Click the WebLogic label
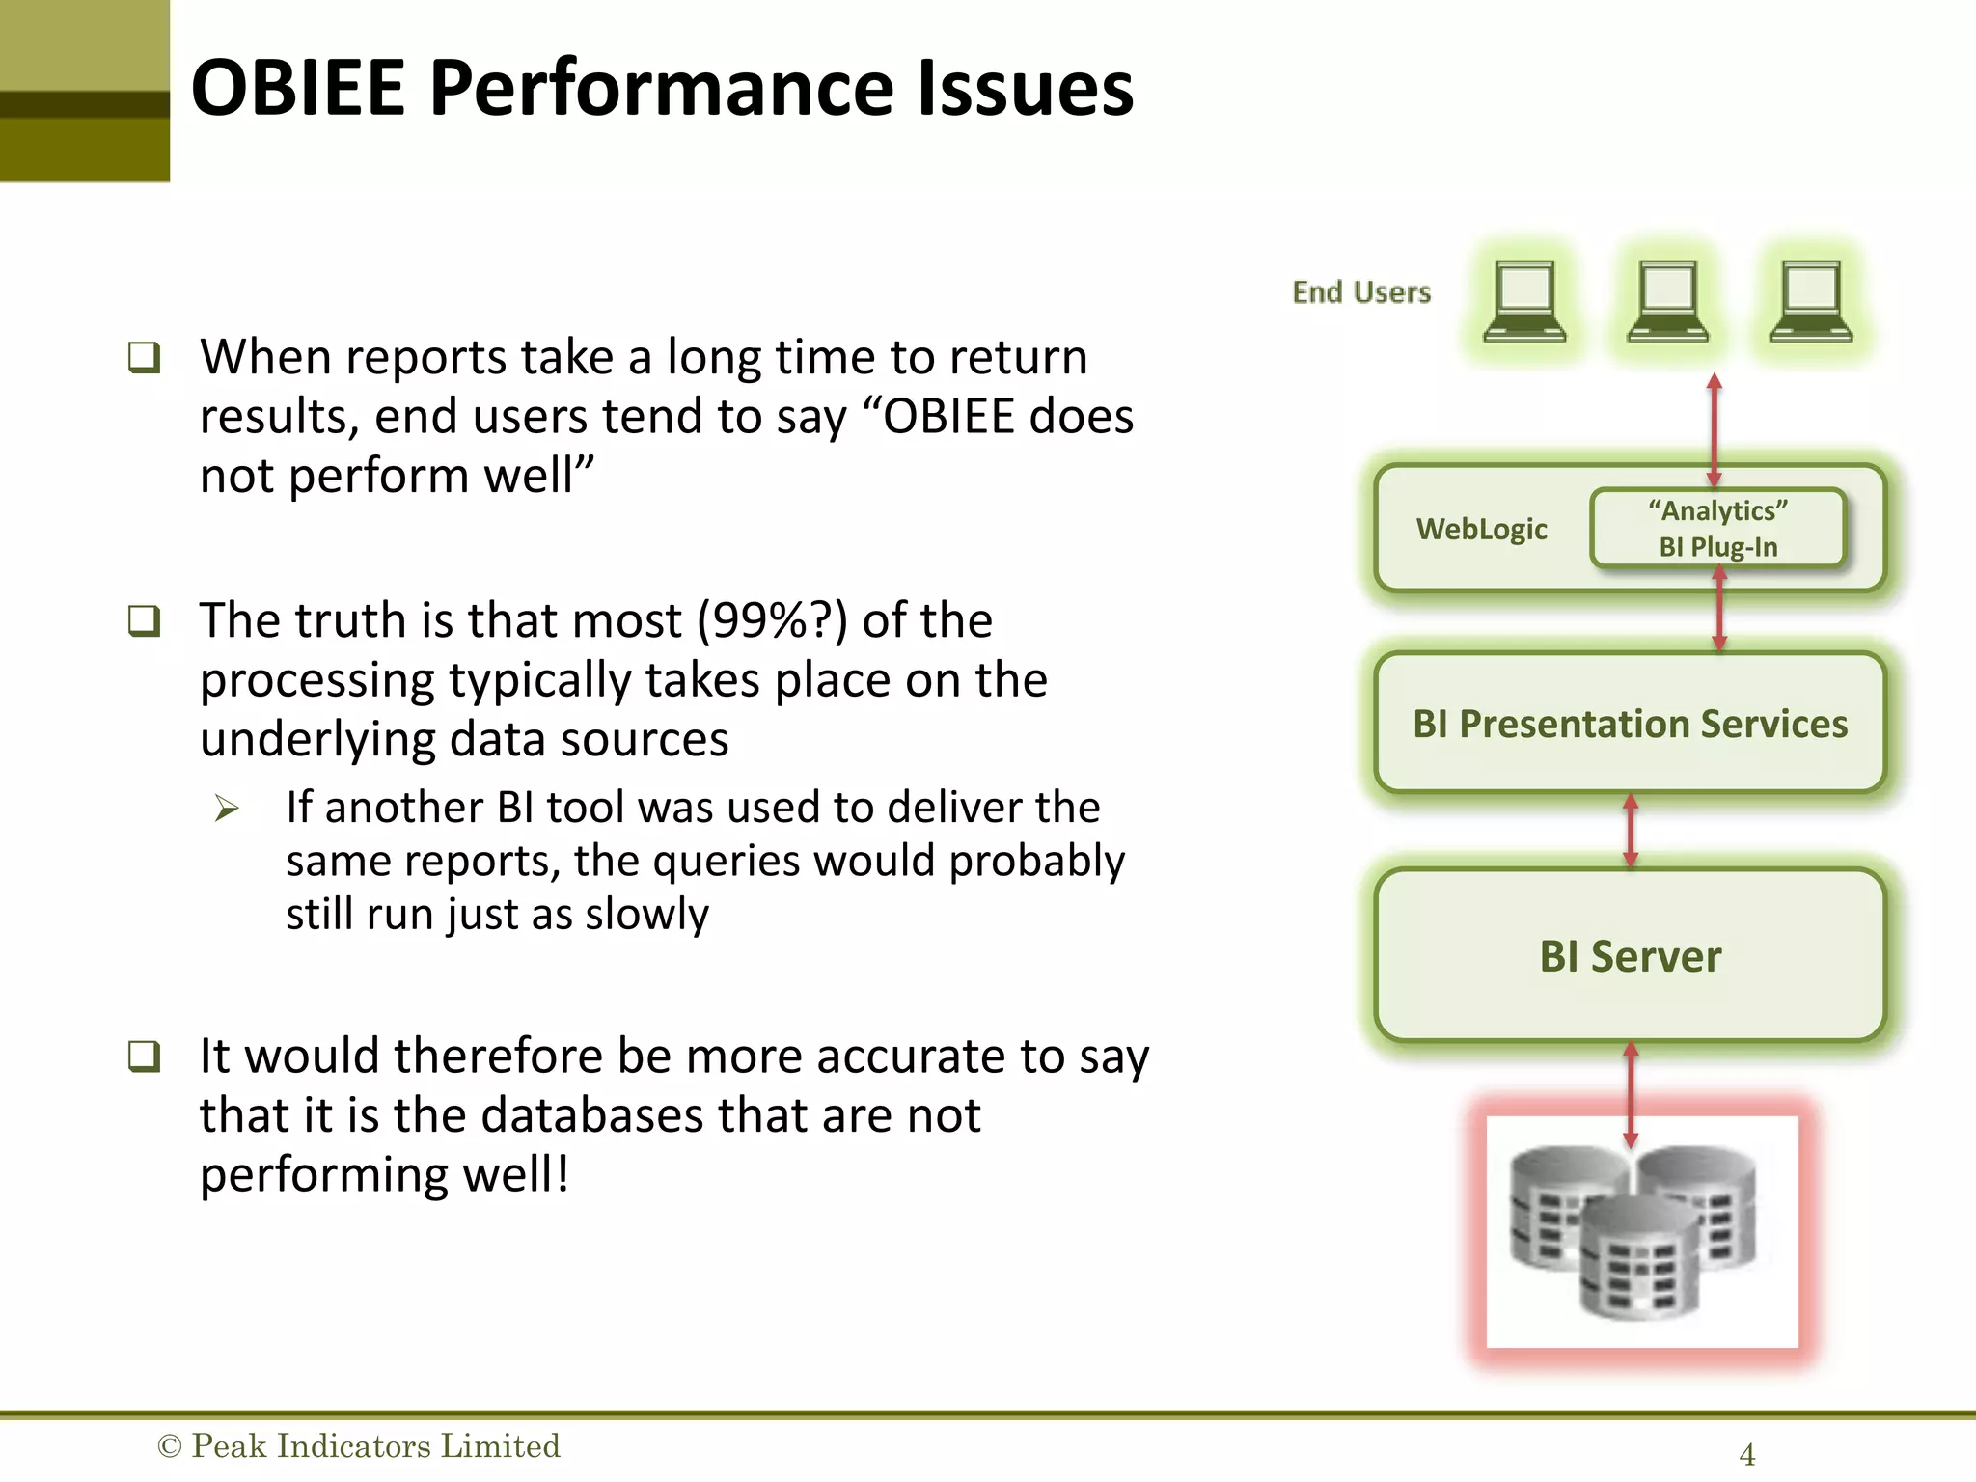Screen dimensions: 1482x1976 tap(1481, 529)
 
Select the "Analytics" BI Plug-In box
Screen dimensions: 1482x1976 tap(1717, 528)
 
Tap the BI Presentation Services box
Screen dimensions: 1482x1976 tap(1630, 724)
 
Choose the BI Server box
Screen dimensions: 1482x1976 tap(1630, 956)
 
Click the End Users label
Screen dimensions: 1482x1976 tap(1361, 292)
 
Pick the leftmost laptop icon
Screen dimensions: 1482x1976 tap(1524, 301)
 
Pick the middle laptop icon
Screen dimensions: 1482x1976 tap(1667, 301)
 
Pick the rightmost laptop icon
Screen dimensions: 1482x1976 tap(1811, 301)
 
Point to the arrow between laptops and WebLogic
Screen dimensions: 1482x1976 tap(1715, 429)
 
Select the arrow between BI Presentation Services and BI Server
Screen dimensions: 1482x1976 tap(1631, 831)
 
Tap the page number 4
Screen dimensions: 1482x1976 tap(1746, 1454)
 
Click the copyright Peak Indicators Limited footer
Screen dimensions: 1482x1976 tap(359, 1445)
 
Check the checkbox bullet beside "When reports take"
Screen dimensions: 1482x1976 tap(144, 357)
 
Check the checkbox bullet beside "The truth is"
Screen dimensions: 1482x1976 tap(144, 620)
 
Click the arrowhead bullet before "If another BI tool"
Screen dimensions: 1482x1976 tap(227, 808)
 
